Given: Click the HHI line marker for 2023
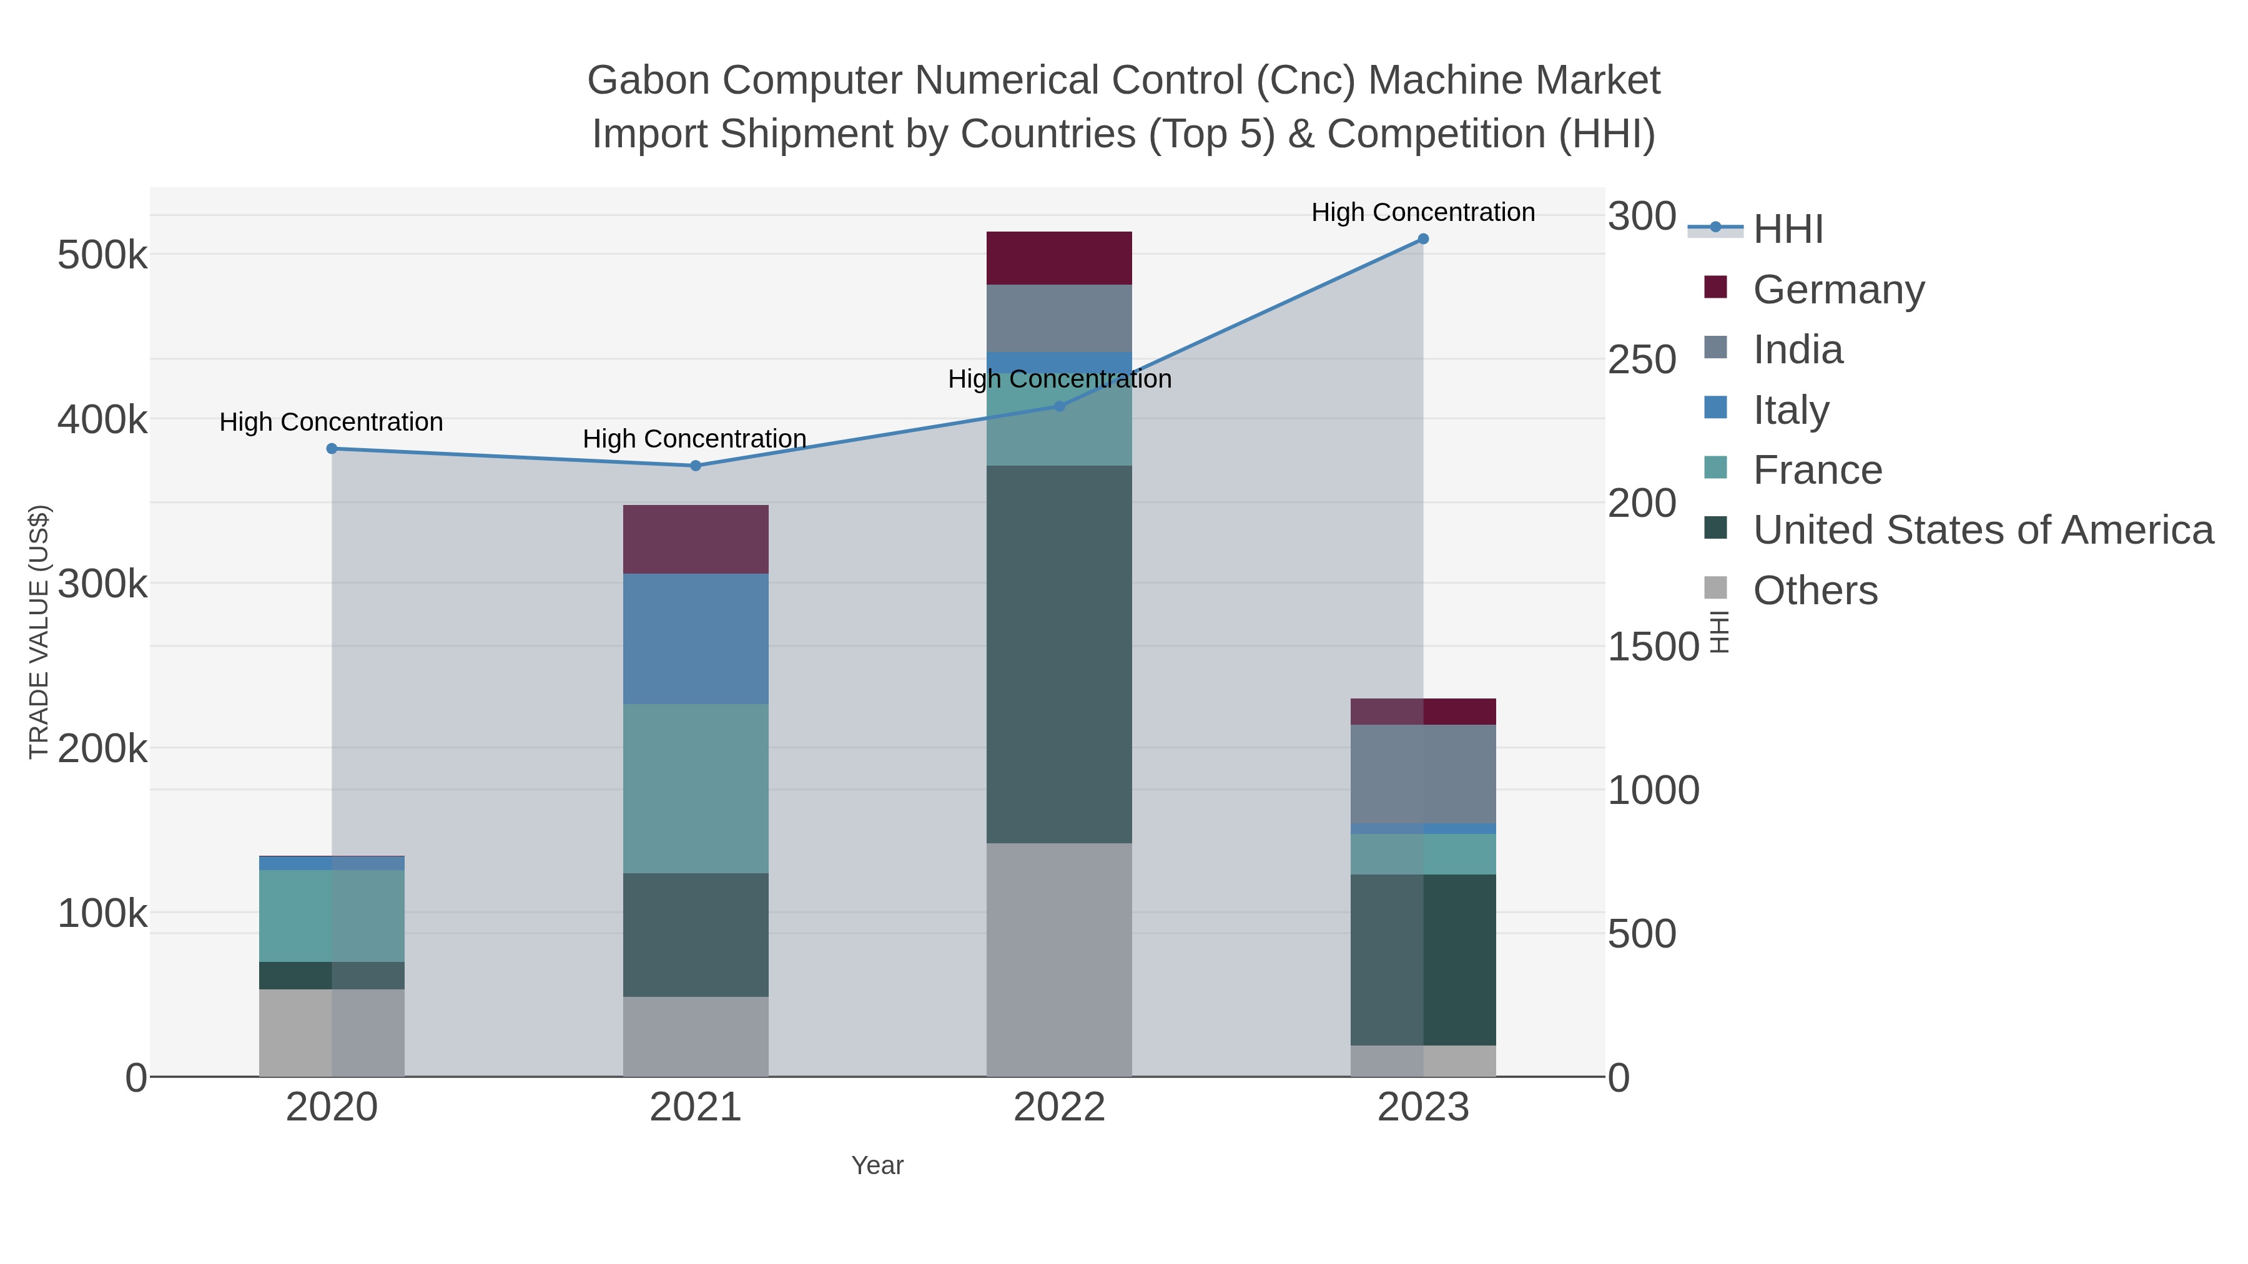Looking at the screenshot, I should pos(1422,239).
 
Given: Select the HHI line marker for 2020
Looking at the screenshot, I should pos(332,448).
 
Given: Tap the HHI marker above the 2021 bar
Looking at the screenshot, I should pos(696,466).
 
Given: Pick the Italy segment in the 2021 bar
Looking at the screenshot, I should pos(696,639).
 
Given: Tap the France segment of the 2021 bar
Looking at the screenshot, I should pos(696,788).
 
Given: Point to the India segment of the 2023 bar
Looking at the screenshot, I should pos(1422,775).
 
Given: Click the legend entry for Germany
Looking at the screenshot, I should pos(1838,290).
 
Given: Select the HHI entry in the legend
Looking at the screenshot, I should pos(1787,230).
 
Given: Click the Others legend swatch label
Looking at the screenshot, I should pos(1815,590).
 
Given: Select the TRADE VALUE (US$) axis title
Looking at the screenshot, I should pos(38,632).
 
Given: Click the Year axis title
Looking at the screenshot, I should pos(877,1165).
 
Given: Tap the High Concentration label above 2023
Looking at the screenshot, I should pos(1422,213).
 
